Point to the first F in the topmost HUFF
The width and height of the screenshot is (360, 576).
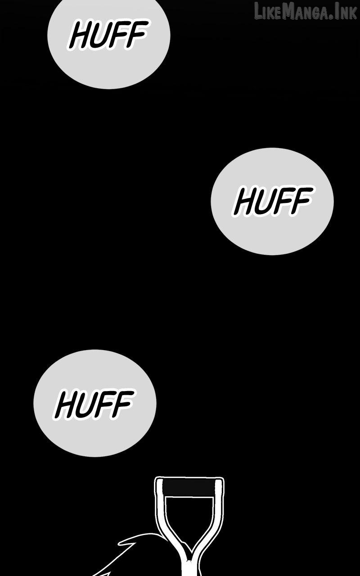click(118, 35)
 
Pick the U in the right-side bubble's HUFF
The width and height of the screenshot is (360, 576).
click(264, 201)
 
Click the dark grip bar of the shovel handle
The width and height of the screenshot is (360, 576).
click(189, 487)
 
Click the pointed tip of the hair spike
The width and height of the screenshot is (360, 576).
click(119, 544)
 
